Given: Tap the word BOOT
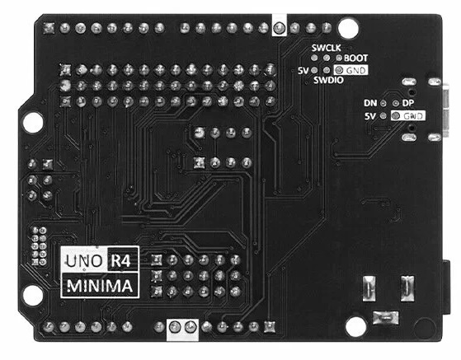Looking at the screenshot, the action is (355, 58).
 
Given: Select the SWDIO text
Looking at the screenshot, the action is (328, 80).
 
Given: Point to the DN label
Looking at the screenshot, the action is (370, 103).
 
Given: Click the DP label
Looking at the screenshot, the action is (408, 103).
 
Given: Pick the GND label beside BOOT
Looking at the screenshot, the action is (356, 71).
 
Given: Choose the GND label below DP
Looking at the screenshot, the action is (413, 116).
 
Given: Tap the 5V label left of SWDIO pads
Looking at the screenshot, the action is (303, 71).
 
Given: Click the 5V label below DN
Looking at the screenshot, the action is (370, 117).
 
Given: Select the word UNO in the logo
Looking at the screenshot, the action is (84, 261).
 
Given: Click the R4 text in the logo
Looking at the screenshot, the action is (120, 260).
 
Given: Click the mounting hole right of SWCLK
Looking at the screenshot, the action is (348, 29).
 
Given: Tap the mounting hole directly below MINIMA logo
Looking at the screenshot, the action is (32, 295).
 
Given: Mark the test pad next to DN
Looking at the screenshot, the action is (383, 103).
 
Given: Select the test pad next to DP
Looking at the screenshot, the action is (396, 103).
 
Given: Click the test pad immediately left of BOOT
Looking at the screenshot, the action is (339, 58).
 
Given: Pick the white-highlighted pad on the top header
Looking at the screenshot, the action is (279, 28).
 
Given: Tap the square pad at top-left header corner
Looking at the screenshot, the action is (49, 28).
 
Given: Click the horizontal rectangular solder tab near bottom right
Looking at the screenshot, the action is (386, 318).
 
